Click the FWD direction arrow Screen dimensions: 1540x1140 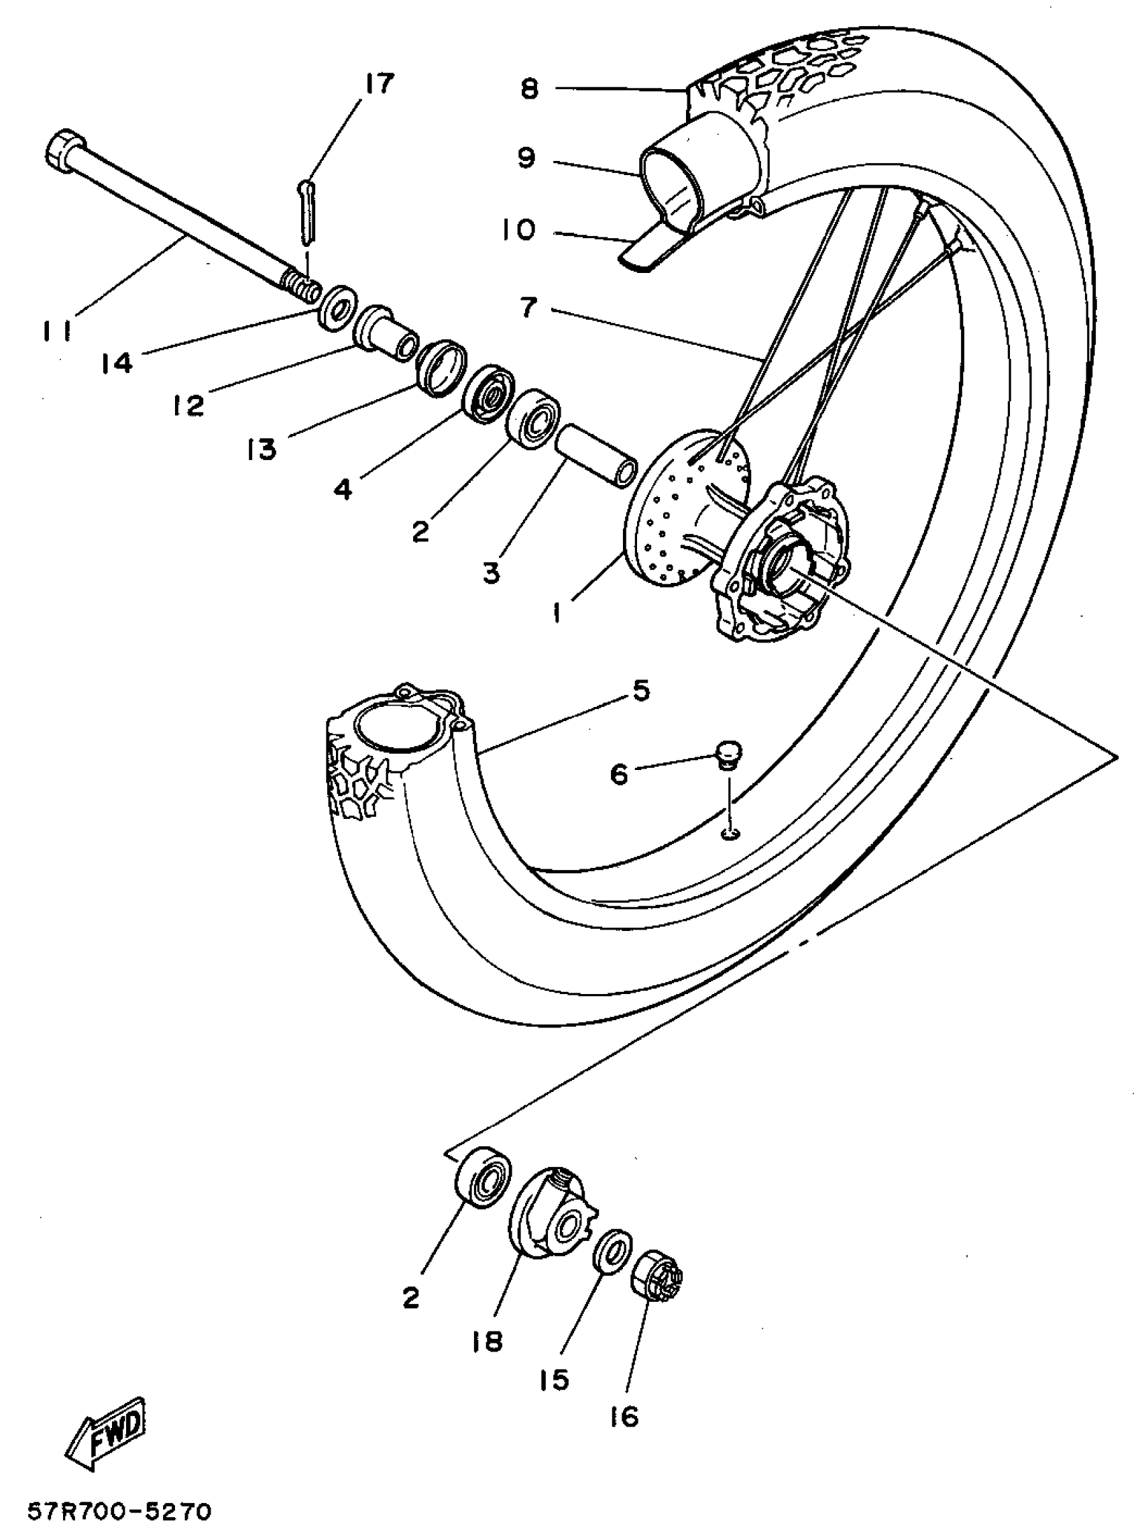(109, 1432)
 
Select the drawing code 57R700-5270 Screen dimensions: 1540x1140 (119, 1508)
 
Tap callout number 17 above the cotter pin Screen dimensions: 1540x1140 (378, 84)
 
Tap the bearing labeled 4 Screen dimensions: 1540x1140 (490, 392)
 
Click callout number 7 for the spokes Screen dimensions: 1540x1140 (528, 307)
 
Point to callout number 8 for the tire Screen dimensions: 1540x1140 (529, 89)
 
